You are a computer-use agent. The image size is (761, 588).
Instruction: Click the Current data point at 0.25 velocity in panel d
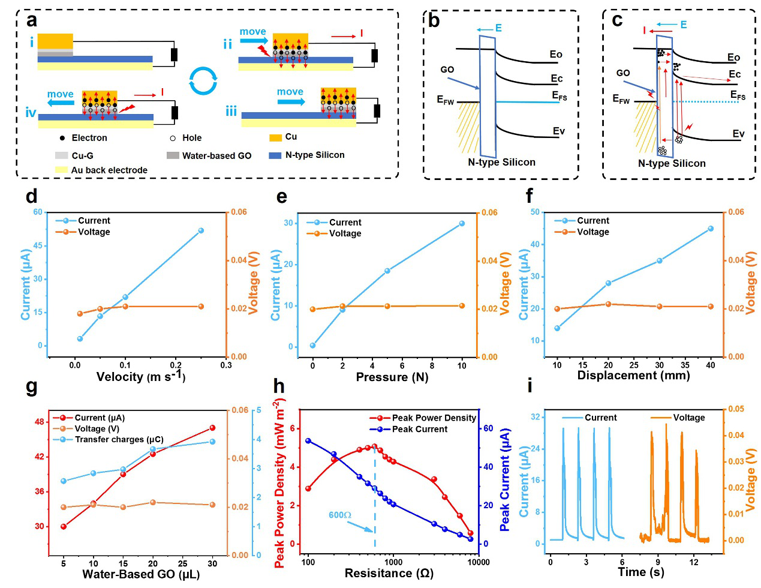(x=201, y=230)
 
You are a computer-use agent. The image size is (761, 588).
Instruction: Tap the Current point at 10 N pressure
(x=462, y=223)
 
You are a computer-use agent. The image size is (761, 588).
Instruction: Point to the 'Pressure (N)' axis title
(x=392, y=377)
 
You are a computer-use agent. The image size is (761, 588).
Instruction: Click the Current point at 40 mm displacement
(x=711, y=229)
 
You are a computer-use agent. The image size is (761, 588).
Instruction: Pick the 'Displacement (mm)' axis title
(x=633, y=375)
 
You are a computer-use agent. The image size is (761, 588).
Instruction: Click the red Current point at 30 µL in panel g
(x=212, y=428)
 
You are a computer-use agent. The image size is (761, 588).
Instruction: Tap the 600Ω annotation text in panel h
(x=339, y=515)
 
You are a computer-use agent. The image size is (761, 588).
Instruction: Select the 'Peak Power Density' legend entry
(x=423, y=418)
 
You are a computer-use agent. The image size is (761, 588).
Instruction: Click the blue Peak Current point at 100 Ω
(x=308, y=441)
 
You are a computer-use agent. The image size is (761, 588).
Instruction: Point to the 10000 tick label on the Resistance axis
(x=479, y=562)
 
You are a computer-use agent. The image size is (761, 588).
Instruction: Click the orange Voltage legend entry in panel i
(x=678, y=418)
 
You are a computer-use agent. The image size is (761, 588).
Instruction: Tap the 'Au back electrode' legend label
(x=101, y=170)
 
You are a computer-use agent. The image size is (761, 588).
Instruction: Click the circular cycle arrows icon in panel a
(x=203, y=80)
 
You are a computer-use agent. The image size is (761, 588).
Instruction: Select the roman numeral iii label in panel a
(x=231, y=112)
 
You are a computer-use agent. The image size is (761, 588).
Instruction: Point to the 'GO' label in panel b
(x=447, y=70)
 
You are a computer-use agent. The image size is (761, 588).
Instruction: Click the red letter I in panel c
(x=644, y=31)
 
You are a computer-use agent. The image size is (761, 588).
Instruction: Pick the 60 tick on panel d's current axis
(x=38, y=212)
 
